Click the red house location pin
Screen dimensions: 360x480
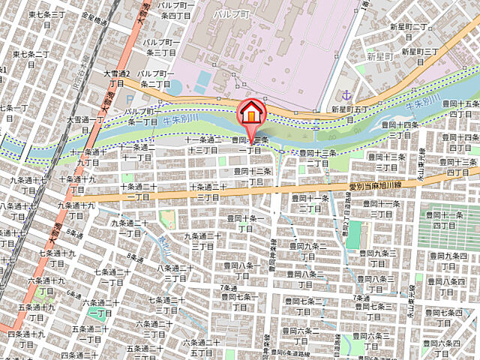(251, 113)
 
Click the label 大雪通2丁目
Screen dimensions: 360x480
(117, 78)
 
